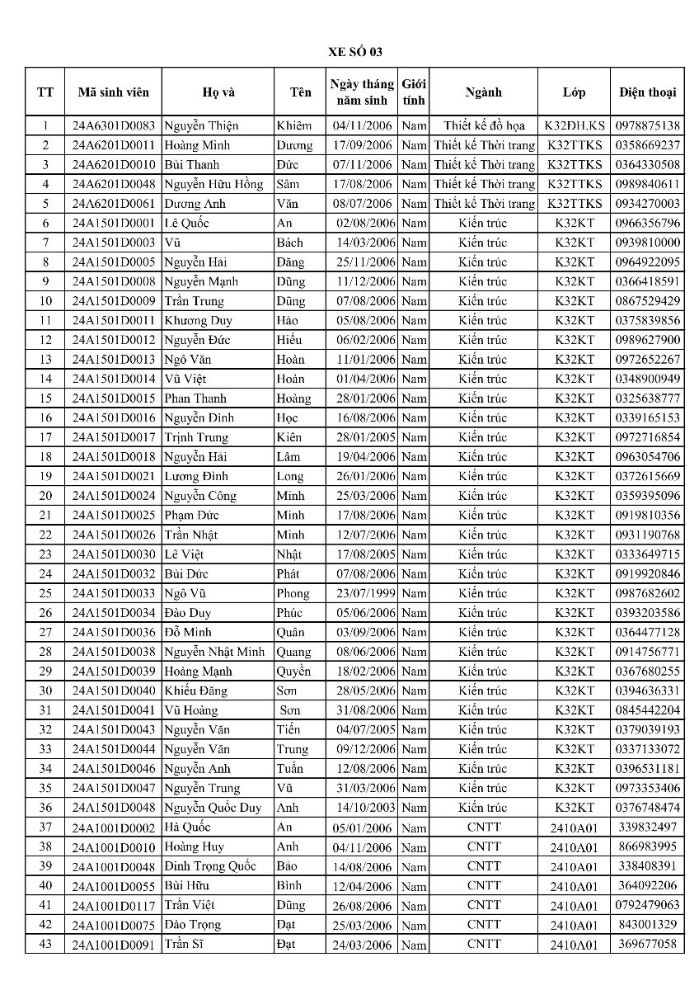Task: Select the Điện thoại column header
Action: click(x=647, y=92)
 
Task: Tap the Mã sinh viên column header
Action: click(x=113, y=92)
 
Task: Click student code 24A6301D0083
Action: click(x=113, y=125)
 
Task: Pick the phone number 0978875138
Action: click(x=647, y=125)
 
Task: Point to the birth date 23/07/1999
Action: click(x=363, y=593)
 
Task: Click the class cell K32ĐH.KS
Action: click(x=574, y=125)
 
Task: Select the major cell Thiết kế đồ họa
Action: click(x=484, y=125)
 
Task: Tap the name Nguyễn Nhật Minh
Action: click(x=214, y=652)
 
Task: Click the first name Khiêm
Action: click(x=294, y=125)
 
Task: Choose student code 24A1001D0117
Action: click(x=113, y=906)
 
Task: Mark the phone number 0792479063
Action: click(x=647, y=905)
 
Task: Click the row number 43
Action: click(x=45, y=944)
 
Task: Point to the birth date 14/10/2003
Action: click(x=363, y=808)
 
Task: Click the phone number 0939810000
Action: click(x=647, y=243)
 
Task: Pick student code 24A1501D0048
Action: click(x=113, y=808)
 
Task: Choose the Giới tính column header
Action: click(x=413, y=92)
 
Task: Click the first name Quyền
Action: click(x=293, y=672)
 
